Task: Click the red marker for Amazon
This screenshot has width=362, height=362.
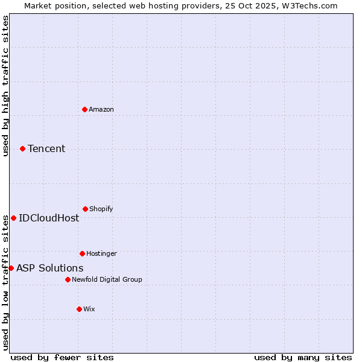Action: click(x=84, y=109)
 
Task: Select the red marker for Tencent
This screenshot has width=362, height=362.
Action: click(x=22, y=148)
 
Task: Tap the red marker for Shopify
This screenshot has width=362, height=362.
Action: click(x=85, y=209)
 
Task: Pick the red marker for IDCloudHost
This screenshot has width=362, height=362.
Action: click(x=13, y=218)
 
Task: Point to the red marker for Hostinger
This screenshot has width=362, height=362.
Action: click(x=82, y=253)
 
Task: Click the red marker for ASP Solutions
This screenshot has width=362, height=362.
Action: click(x=11, y=268)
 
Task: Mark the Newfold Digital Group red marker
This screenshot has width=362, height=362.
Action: click(x=68, y=279)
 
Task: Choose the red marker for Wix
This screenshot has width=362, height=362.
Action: click(x=79, y=309)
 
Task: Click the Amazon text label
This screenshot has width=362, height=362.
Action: click(x=101, y=109)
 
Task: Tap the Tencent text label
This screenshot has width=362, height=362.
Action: click(x=46, y=148)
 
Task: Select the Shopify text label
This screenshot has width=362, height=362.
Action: click(x=101, y=209)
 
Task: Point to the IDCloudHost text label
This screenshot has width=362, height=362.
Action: click(x=49, y=218)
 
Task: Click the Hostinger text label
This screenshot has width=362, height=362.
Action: click(x=101, y=253)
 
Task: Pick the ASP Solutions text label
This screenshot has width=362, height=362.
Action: click(x=50, y=268)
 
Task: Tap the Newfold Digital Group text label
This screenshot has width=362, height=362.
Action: click(x=107, y=279)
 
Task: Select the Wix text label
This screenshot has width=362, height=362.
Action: click(x=89, y=309)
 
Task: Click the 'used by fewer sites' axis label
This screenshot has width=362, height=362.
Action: click(x=62, y=357)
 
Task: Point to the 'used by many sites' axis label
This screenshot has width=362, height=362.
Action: click(x=303, y=357)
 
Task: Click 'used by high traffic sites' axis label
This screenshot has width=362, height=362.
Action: click(x=5, y=86)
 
